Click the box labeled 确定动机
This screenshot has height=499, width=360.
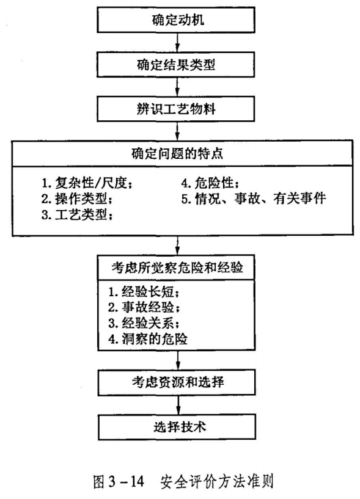(x=176, y=20)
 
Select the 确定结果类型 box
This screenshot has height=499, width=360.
(x=176, y=65)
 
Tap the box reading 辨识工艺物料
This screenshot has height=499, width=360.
(x=176, y=109)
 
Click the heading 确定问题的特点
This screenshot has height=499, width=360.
(x=177, y=153)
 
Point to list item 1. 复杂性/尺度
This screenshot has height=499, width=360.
(x=87, y=183)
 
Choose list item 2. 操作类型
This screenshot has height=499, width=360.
(x=77, y=199)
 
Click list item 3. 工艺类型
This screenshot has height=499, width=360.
(x=77, y=215)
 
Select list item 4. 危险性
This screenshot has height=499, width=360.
(x=210, y=183)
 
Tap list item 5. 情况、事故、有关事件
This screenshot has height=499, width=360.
(x=254, y=199)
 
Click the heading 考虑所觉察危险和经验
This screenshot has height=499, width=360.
(x=177, y=268)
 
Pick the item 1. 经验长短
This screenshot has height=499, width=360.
(x=144, y=291)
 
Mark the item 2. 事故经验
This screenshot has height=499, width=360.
(x=144, y=307)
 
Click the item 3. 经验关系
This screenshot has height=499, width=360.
(x=144, y=323)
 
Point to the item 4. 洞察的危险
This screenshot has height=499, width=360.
(x=148, y=339)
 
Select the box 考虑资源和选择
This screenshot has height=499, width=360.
(x=177, y=382)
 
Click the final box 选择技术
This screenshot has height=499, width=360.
(x=177, y=427)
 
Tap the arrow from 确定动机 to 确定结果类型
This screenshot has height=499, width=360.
(x=177, y=42)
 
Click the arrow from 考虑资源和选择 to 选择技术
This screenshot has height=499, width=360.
(x=178, y=405)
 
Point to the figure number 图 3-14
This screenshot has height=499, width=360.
(x=119, y=482)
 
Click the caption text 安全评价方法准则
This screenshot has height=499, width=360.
(x=216, y=482)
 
